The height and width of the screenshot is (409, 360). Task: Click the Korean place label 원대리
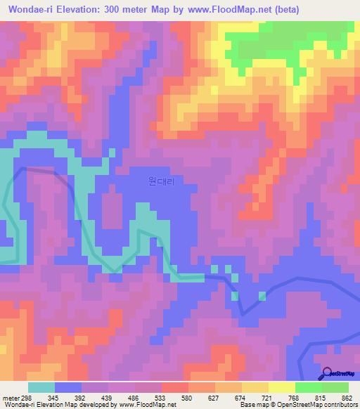pyautogui.click(x=161, y=181)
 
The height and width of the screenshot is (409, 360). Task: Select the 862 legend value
pyautogui.click(x=347, y=398)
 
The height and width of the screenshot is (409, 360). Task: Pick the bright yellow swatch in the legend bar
pyautogui.click(x=282, y=387)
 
